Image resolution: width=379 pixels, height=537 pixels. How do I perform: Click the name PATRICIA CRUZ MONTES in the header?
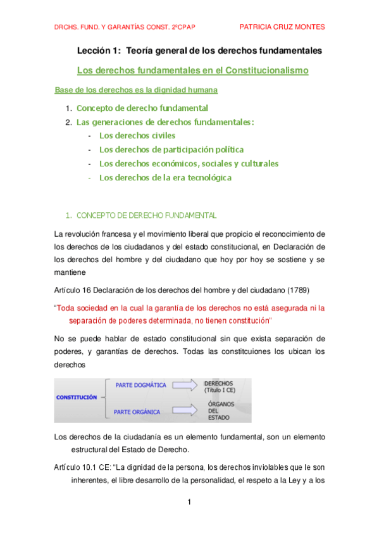(283, 27)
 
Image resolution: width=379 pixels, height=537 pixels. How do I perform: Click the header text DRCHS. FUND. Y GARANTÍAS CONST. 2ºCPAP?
(118, 27)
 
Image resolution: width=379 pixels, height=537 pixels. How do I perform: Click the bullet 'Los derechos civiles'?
(137, 136)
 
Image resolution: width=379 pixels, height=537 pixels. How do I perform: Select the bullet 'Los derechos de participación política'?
(171, 149)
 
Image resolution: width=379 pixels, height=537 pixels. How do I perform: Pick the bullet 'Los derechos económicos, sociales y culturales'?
(189, 163)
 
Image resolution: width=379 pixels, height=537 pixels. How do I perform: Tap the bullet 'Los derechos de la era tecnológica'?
(165, 177)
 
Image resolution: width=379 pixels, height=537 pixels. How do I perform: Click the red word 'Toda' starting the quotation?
(66, 308)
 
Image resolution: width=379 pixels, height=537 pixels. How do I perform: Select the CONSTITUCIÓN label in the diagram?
(77, 397)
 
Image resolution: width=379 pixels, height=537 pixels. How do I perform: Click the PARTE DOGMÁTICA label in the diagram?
(140, 384)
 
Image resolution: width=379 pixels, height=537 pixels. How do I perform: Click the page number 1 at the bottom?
(189, 502)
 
